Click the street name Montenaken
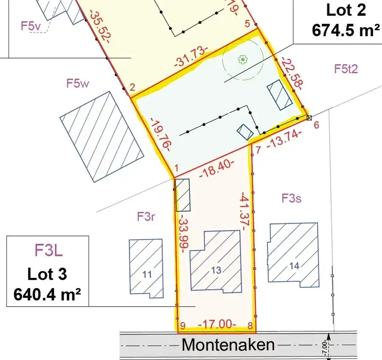[x=228, y=345]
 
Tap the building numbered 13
[x=216, y=270]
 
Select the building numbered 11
[x=146, y=274]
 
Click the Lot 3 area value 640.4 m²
[x=47, y=294]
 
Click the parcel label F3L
[x=48, y=250]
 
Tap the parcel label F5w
[x=78, y=83]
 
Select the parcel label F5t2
[x=346, y=69]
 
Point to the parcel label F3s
[x=292, y=198]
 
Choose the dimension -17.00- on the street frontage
[x=217, y=325]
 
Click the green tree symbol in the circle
[x=242, y=60]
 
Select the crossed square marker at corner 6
[x=309, y=118]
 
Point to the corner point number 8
[x=250, y=326]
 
